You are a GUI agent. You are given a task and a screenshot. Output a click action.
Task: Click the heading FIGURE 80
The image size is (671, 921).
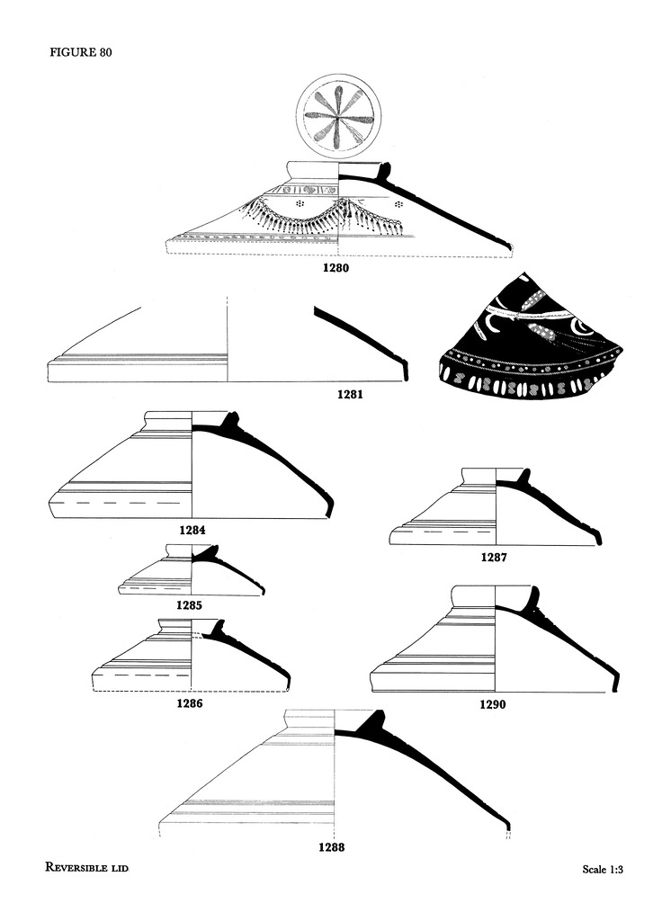coord(80,52)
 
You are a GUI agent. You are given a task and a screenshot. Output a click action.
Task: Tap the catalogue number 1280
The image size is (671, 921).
coord(337,267)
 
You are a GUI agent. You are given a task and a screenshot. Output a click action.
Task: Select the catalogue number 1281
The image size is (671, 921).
coord(351,394)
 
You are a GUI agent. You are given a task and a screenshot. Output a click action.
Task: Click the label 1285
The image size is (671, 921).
coord(188,605)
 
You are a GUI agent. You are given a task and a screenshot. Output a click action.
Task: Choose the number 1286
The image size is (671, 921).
coord(189,703)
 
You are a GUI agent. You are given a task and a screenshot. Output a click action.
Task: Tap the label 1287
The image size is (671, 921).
coord(494,557)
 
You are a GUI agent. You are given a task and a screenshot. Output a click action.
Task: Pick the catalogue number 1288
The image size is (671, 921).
coord(332,846)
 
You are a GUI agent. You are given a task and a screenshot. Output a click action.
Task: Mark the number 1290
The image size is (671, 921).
coord(492,705)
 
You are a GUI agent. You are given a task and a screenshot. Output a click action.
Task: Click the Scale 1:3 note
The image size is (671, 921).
coord(603,870)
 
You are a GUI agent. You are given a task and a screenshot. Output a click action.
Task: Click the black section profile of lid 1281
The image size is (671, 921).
coord(360,337)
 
